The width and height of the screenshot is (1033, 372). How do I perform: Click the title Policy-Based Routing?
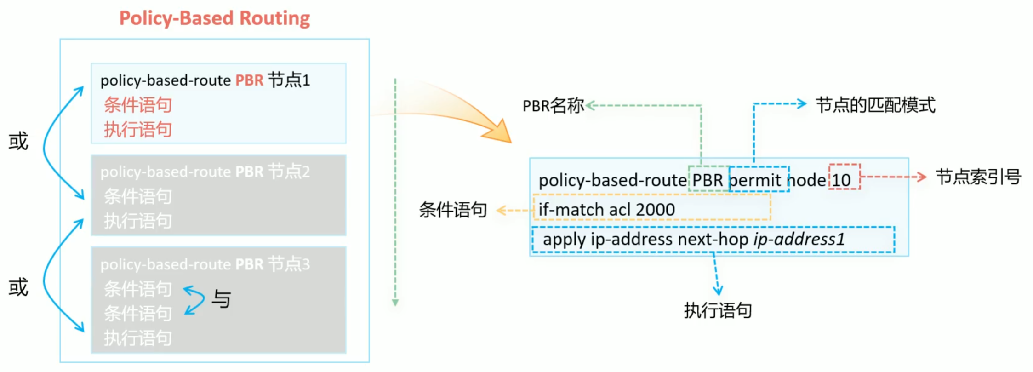click(x=214, y=18)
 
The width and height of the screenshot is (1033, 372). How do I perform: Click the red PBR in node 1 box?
click(x=249, y=80)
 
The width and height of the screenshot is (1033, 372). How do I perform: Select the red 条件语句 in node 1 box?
click(x=138, y=105)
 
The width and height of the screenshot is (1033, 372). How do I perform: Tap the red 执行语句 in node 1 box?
click(x=138, y=130)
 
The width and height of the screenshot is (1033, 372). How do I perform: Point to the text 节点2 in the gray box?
click(x=289, y=172)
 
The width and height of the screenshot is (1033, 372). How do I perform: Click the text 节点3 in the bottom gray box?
click(x=289, y=264)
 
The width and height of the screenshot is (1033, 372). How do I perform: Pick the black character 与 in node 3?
click(x=221, y=299)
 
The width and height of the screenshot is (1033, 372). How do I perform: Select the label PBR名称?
click(x=554, y=106)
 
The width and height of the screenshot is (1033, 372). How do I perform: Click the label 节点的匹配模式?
click(x=875, y=105)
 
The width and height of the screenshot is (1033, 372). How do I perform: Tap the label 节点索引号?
click(x=978, y=177)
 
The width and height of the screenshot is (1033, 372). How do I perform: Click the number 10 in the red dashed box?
click(x=841, y=180)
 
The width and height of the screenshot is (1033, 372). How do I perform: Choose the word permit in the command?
click(x=755, y=180)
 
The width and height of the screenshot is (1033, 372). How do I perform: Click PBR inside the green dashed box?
click(x=708, y=180)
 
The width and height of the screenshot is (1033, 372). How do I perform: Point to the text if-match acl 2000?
click(x=607, y=210)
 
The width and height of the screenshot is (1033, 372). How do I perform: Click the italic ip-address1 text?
click(x=799, y=239)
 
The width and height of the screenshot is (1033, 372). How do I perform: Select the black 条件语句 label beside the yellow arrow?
click(x=453, y=210)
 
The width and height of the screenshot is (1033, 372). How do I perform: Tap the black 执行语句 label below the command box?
click(x=718, y=310)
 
